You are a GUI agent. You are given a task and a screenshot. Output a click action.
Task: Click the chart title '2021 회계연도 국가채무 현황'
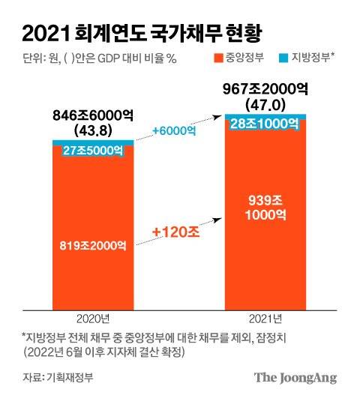tap(142, 32)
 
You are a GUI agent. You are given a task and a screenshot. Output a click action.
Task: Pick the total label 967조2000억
tap(267, 87)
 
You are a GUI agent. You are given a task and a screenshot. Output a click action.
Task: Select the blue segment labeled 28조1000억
tap(267, 122)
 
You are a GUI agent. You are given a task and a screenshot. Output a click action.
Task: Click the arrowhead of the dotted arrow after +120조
tap(218, 218)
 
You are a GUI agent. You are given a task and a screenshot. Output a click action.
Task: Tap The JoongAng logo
tap(293, 376)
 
